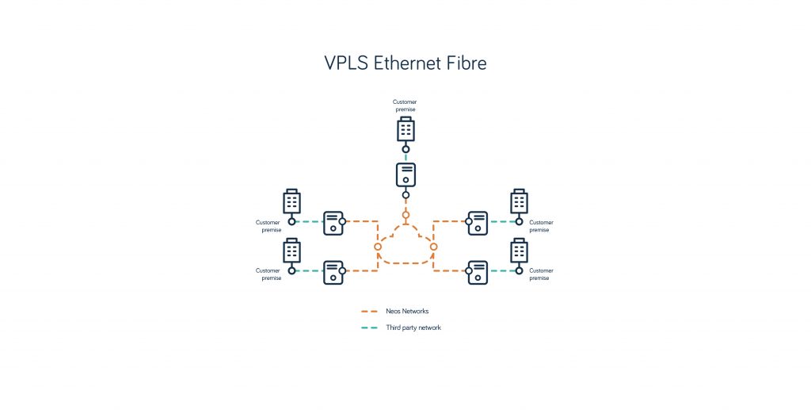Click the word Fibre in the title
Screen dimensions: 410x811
tap(466, 63)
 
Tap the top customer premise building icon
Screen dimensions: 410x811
tap(405, 129)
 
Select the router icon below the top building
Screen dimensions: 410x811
tap(405, 174)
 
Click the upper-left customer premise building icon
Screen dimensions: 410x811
tap(292, 201)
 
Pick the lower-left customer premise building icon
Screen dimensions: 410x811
tap(292, 250)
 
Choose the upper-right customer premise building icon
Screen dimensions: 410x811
tap(520, 201)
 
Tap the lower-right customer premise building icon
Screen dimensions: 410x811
tap(520, 250)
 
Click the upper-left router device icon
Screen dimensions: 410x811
tap(333, 223)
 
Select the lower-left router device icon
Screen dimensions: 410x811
tap(333, 271)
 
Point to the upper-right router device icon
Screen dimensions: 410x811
tap(478, 223)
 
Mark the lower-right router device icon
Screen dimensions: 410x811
tap(478, 271)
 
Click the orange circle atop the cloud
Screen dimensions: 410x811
tap(405, 215)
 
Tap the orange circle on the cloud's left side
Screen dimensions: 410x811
tap(378, 247)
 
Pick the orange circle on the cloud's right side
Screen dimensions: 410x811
tap(434, 247)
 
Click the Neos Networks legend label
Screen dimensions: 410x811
tap(407, 312)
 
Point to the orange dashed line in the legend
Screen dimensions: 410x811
tap(369, 312)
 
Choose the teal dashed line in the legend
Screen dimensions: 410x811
tap(369, 328)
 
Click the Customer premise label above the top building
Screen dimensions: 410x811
tap(405, 105)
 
